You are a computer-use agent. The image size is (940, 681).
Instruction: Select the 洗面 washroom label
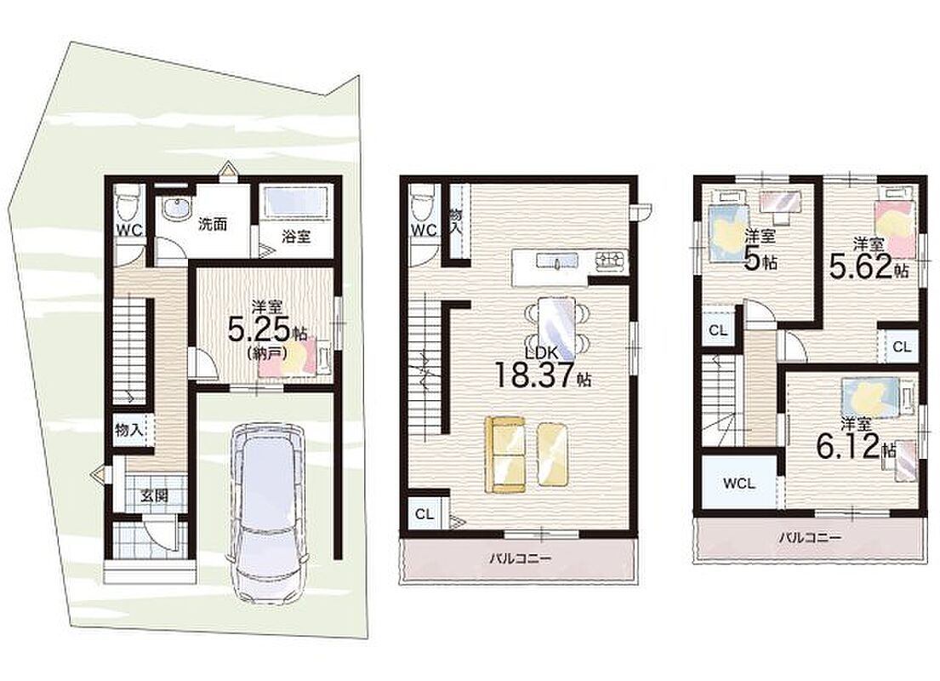213,225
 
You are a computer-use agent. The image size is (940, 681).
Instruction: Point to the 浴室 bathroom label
296,236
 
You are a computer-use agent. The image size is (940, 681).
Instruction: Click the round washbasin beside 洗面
175,209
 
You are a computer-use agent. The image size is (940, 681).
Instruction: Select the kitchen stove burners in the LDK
610,260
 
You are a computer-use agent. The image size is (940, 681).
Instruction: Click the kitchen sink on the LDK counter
557,261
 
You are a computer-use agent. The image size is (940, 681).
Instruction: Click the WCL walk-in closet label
739,484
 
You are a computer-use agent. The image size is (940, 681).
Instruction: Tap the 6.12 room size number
847,446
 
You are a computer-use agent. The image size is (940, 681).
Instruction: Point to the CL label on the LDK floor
424,514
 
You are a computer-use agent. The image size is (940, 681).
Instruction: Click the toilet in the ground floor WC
127,203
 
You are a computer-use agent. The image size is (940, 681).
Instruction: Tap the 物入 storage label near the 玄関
129,430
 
